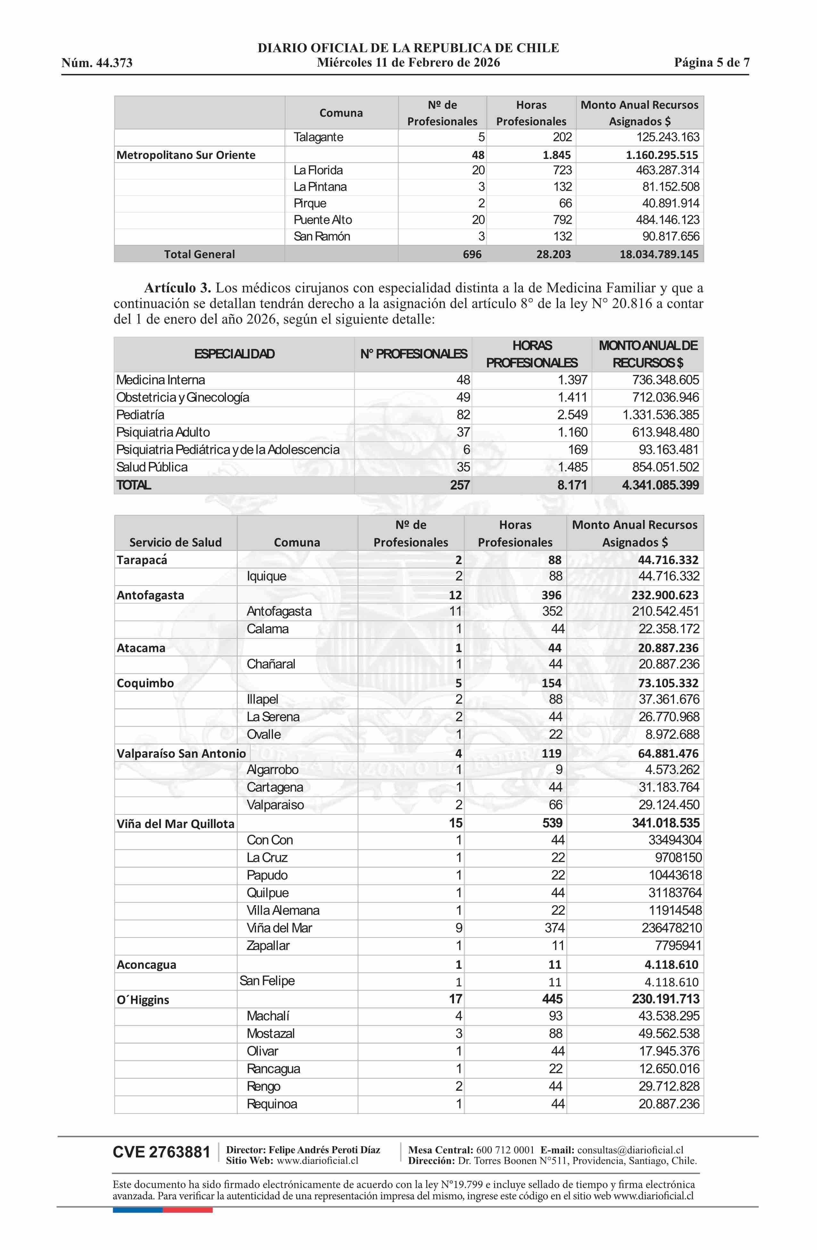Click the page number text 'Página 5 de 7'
712,63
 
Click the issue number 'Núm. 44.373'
97,63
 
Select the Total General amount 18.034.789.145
658,254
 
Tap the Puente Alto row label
322,220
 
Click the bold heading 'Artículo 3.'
177,288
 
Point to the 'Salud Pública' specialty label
152,467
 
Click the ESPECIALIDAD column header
234,354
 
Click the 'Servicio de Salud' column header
175,542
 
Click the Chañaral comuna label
271,664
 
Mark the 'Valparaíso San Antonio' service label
181,753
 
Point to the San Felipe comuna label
267,980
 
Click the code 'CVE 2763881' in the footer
161,1152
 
